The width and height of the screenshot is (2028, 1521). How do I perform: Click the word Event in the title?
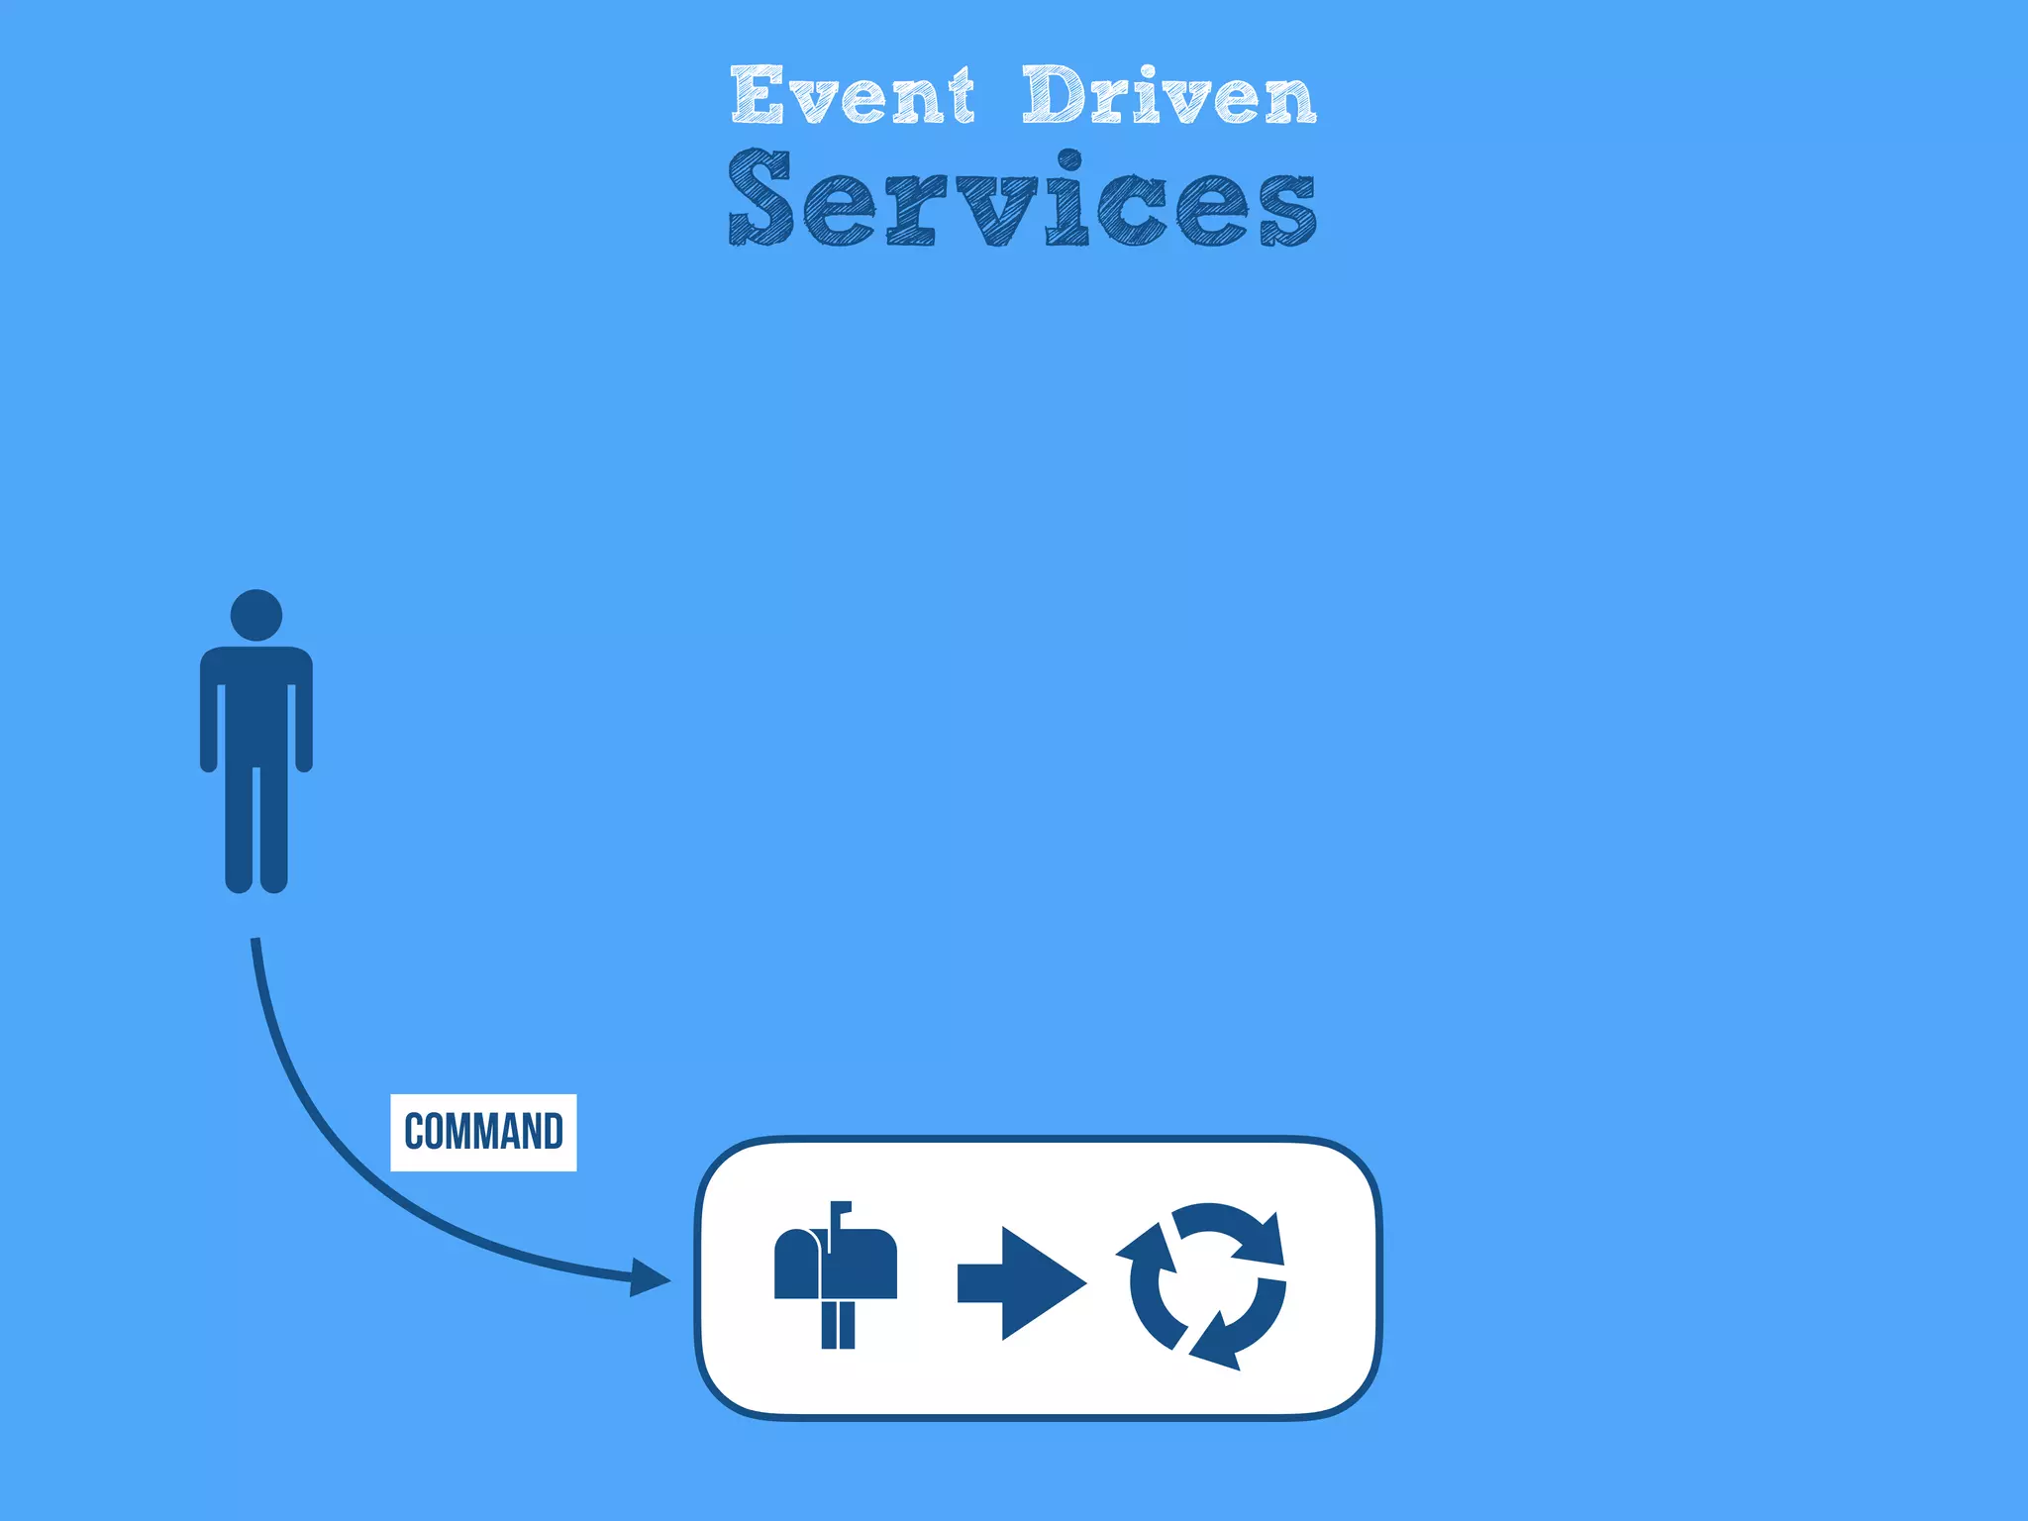tap(853, 96)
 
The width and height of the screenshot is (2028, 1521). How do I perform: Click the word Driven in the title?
tap(1168, 96)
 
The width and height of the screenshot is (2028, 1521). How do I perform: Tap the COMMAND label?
tap(483, 1132)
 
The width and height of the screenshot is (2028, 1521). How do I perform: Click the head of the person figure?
tap(256, 615)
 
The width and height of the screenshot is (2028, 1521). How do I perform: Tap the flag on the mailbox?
tap(839, 1209)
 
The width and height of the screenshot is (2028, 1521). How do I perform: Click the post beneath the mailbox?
tap(838, 1324)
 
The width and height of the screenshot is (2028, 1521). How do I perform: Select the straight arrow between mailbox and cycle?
tap(1020, 1283)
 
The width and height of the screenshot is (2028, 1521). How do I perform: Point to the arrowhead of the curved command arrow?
tap(650, 1277)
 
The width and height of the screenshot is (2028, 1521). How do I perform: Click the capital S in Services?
tap(760, 198)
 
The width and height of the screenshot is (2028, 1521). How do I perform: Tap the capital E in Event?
tap(758, 95)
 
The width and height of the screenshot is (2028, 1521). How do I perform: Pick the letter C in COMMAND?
tap(415, 1132)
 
